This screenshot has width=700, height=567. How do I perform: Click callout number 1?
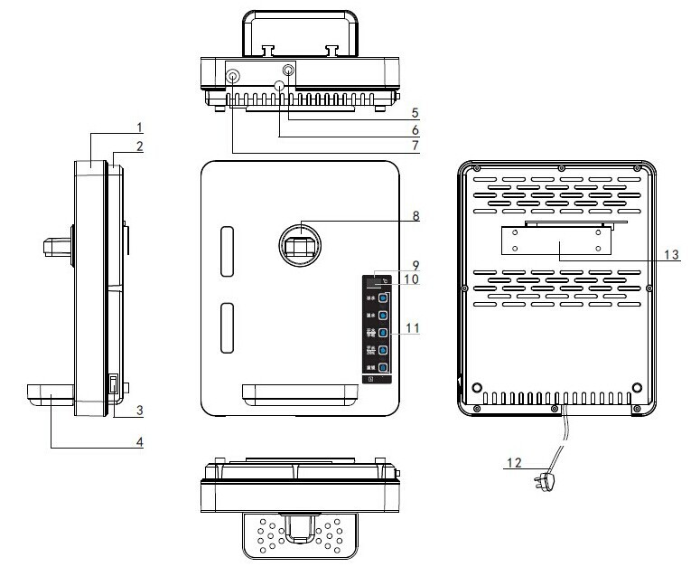pyautogui.click(x=139, y=125)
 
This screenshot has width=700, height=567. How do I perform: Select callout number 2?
pyautogui.click(x=139, y=146)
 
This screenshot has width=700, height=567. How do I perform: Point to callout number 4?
pyautogui.click(x=139, y=442)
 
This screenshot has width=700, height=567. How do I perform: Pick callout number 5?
pyautogui.click(x=415, y=114)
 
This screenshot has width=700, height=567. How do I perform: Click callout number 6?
pyautogui.click(x=415, y=130)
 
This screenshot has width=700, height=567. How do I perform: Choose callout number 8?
pyautogui.click(x=415, y=216)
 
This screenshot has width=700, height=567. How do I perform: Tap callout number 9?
pyautogui.click(x=415, y=265)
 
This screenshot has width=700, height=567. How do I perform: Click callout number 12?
pyautogui.click(x=515, y=463)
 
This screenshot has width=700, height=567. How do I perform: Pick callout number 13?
pyautogui.click(x=670, y=255)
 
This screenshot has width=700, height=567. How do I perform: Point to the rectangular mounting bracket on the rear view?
pyautogui.click(x=554, y=241)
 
